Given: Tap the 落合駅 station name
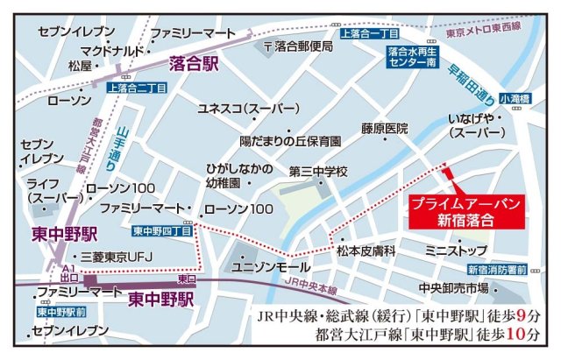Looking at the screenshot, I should (194, 64).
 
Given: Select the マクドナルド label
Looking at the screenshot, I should (106, 50).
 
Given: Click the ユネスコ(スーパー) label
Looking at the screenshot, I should (237, 109).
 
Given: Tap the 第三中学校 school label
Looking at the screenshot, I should (318, 171).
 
